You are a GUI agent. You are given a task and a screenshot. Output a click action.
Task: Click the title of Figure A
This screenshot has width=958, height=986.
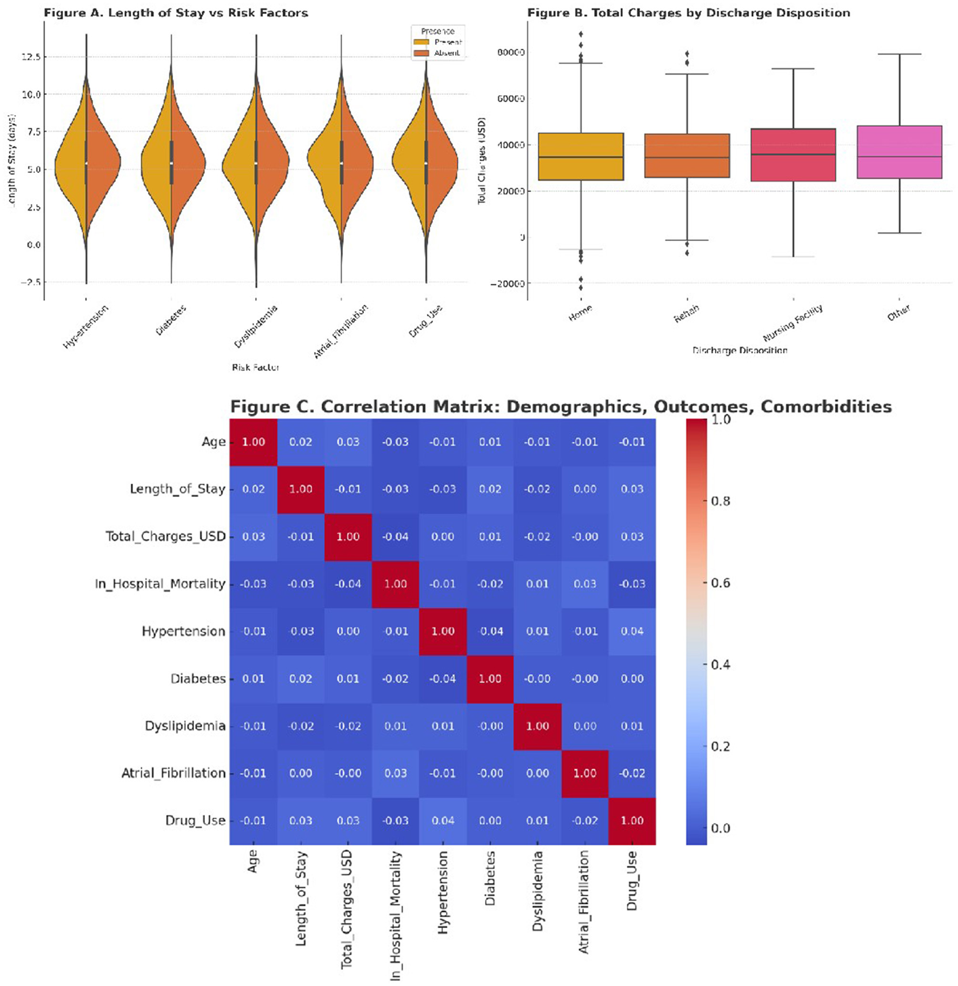pyautogui.click(x=176, y=13)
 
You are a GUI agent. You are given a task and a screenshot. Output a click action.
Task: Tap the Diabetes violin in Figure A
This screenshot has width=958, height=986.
pyautogui.click(x=171, y=162)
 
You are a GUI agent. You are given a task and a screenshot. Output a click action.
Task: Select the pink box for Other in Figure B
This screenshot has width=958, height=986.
pyautogui.click(x=900, y=152)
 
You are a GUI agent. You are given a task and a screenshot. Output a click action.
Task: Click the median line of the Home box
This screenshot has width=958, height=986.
pyautogui.click(x=581, y=157)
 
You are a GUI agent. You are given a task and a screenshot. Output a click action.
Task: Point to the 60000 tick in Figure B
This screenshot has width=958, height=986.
pyautogui.click(x=510, y=99)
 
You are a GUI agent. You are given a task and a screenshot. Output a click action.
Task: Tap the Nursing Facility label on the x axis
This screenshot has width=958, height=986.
pyautogui.click(x=792, y=323)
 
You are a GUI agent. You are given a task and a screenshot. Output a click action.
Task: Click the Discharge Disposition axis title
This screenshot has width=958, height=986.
pyautogui.click(x=740, y=350)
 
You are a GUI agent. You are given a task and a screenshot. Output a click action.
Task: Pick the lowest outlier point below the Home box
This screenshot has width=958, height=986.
pyautogui.click(x=581, y=288)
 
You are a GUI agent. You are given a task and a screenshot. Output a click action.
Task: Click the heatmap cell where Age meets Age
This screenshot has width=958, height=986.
pyautogui.click(x=253, y=442)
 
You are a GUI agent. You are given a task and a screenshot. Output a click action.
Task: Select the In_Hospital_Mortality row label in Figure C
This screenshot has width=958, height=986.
pyautogui.click(x=159, y=584)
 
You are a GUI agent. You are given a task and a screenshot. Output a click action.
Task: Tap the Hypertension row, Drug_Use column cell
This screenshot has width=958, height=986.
pyautogui.click(x=631, y=631)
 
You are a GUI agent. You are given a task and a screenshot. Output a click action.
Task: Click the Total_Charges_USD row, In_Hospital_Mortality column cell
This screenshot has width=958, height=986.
pyautogui.click(x=395, y=536)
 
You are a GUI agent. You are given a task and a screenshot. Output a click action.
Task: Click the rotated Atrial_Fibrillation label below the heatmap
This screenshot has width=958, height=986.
pyautogui.click(x=584, y=902)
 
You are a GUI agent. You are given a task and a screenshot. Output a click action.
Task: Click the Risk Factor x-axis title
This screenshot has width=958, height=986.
pyautogui.click(x=255, y=367)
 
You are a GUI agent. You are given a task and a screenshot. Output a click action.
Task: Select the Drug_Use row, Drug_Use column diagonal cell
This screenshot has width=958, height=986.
pyautogui.click(x=631, y=821)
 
